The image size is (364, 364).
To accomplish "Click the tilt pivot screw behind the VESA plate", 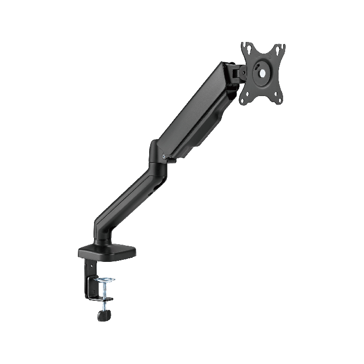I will point(239,74).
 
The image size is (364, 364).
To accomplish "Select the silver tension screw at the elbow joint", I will point(162,157).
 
